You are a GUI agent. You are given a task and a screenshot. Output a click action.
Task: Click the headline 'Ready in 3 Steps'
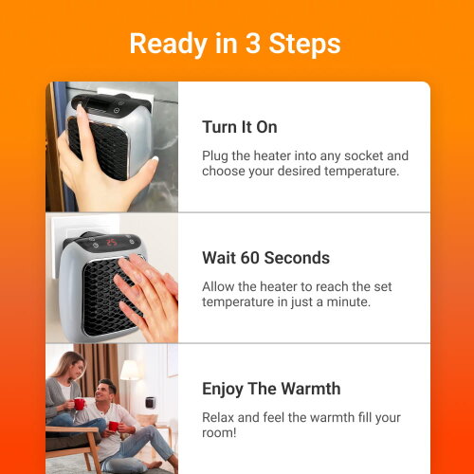coord(235,44)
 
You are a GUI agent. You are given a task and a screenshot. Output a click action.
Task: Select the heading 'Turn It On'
coord(240,127)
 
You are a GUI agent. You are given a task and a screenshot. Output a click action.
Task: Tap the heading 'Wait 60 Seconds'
coord(265,258)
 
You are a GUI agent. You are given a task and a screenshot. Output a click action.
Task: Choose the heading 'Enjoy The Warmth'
coord(271,389)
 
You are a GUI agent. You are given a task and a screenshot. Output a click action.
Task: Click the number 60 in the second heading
coord(251,258)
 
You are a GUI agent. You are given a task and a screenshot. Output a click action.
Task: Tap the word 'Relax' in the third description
coord(219,416)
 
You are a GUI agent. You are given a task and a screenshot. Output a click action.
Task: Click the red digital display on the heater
coord(111,243)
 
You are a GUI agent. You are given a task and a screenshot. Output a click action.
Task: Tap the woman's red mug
coord(79,404)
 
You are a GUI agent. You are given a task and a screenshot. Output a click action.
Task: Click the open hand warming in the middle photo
coord(149,288)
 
